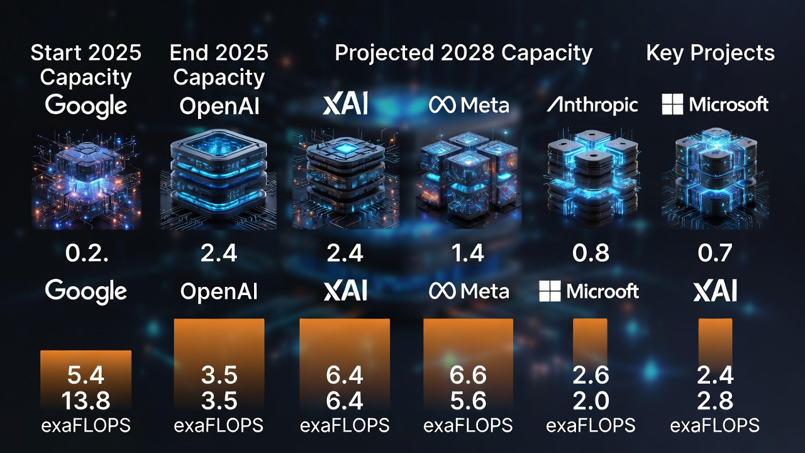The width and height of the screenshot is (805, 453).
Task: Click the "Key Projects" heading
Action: (710, 53)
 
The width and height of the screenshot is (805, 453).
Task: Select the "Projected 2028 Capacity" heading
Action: (464, 53)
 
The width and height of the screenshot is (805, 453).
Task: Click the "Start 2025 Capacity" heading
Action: (86, 65)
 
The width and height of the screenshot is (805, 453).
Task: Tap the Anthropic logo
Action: (592, 104)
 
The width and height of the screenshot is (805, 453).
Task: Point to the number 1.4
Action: (468, 253)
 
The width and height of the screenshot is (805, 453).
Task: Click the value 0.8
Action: (592, 253)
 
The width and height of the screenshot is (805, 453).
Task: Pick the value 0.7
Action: (715, 253)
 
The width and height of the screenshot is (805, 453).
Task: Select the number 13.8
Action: (86, 400)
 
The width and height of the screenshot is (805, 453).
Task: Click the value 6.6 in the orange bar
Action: (468, 376)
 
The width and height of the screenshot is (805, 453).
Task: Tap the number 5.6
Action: (468, 400)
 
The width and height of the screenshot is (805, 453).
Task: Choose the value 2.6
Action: (591, 376)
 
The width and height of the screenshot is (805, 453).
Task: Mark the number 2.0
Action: (591, 400)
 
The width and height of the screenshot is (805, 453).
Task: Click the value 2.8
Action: (715, 400)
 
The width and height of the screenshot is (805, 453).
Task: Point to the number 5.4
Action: (86, 376)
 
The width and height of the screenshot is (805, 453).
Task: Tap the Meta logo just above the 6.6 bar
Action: (469, 291)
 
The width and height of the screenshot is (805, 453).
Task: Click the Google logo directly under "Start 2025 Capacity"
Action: (86, 106)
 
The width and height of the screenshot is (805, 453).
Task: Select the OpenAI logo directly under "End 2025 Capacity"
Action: (219, 106)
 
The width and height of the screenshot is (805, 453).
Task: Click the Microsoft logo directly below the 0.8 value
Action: (589, 291)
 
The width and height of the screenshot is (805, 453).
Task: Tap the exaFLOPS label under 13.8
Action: (86, 425)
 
